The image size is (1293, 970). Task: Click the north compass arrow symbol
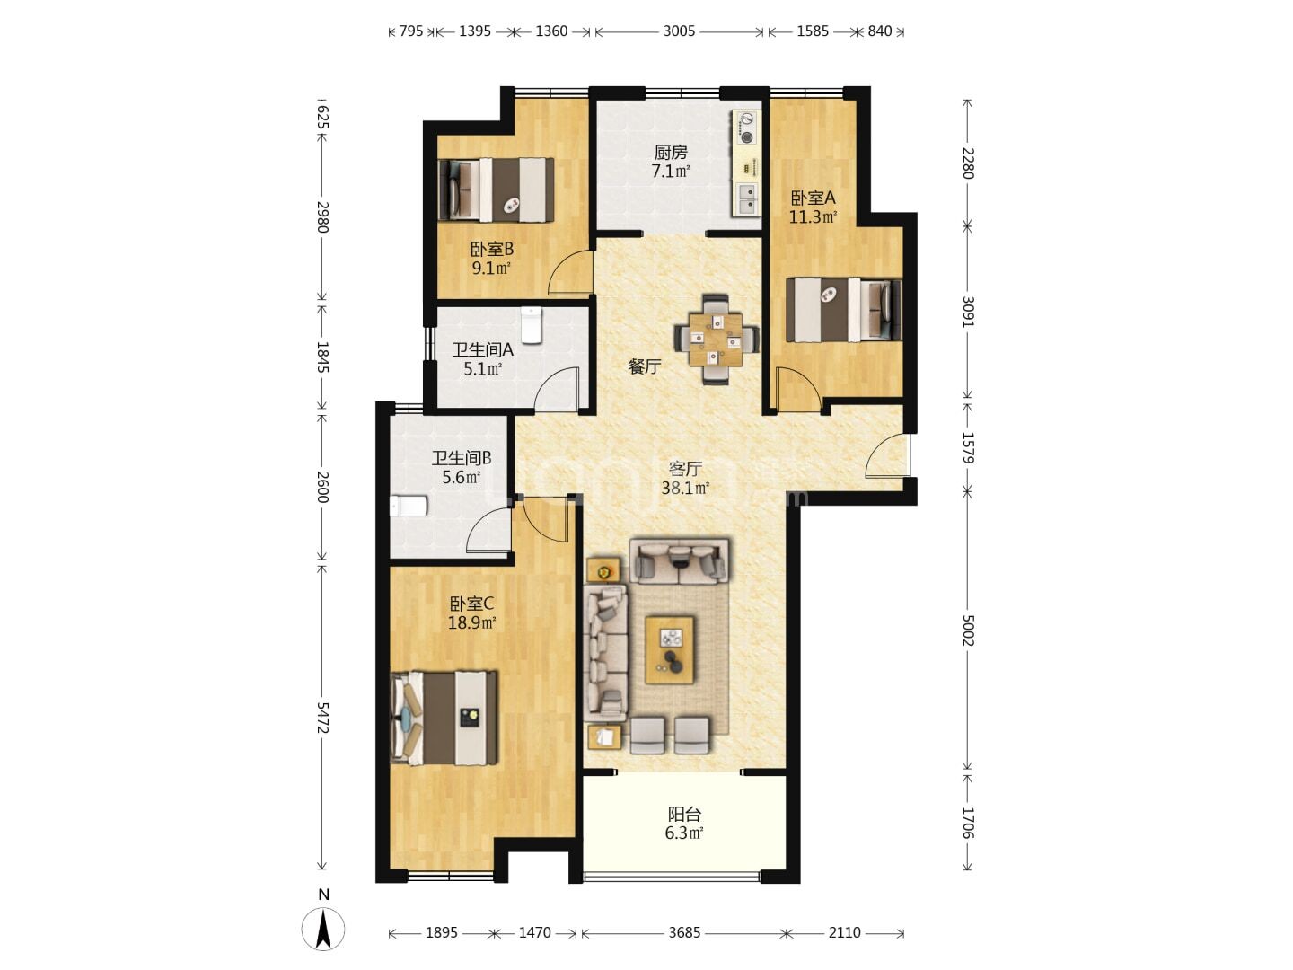[x=323, y=929]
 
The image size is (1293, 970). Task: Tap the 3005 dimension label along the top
[x=679, y=31]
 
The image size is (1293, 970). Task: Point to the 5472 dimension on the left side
[x=322, y=718]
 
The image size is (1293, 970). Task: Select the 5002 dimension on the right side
[x=967, y=630]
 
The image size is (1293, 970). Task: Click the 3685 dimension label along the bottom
[x=684, y=932]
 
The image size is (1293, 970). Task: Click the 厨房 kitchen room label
[x=671, y=153]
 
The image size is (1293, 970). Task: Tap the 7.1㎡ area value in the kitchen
[x=671, y=172]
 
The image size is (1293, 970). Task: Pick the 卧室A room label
[x=813, y=198]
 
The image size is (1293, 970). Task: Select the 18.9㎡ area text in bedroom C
[x=471, y=622]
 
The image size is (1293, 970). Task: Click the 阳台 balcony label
[x=684, y=815]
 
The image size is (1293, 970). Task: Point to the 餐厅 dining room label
[x=645, y=367]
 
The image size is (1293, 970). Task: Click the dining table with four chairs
[x=717, y=339]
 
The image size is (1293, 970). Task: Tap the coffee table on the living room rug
[x=669, y=650]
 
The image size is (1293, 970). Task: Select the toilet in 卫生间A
[x=532, y=324]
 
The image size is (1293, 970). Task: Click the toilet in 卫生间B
[x=409, y=506]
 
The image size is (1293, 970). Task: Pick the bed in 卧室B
[x=496, y=190]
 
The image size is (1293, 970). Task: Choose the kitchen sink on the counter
[x=747, y=198]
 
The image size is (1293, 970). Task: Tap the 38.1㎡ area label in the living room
[x=685, y=489]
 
